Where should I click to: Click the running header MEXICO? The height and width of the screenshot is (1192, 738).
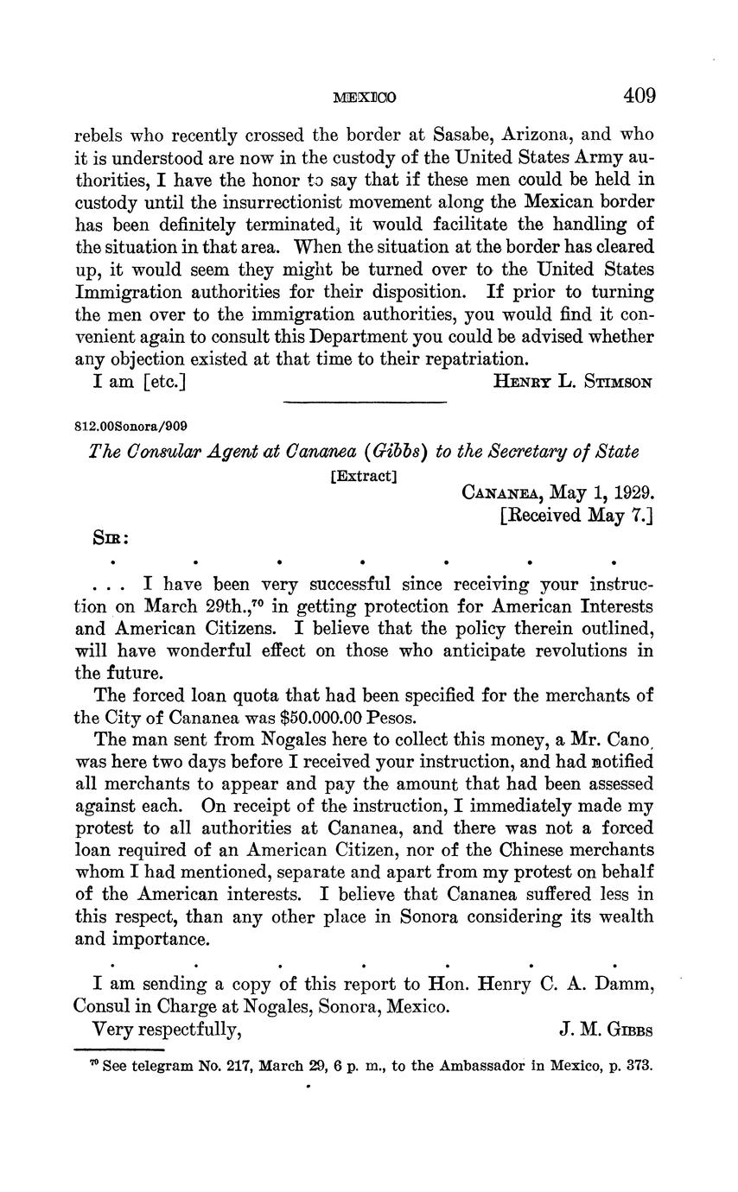[364, 98]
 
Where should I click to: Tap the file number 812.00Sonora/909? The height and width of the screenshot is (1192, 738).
[131, 426]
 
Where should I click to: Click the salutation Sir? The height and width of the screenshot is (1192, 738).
[111, 537]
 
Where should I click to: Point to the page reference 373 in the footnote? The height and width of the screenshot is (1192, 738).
[639, 1065]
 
